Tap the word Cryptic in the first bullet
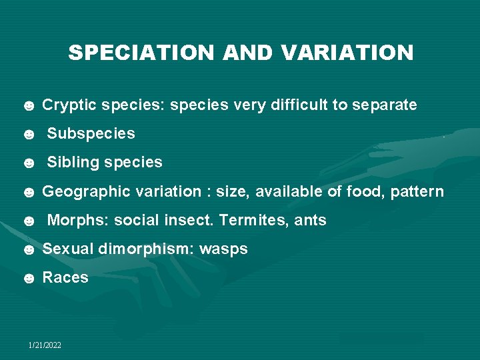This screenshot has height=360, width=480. [x=67, y=105]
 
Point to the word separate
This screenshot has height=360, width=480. [x=385, y=105]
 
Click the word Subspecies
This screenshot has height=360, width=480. [x=91, y=134]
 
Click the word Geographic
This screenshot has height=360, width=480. [x=87, y=192]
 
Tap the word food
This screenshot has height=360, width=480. [x=365, y=192]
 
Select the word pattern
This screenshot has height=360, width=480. [x=417, y=192]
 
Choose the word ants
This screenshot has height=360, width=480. [x=310, y=221]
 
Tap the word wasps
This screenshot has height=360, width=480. [x=223, y=249]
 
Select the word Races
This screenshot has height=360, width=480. [x=65, y=278]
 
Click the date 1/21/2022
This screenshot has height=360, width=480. [x=45, y=345]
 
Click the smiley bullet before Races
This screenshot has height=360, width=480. [x=29, y=279]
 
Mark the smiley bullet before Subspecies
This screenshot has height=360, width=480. [x=29, y=135]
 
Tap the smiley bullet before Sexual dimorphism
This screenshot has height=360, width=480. [x=29, y=250]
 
